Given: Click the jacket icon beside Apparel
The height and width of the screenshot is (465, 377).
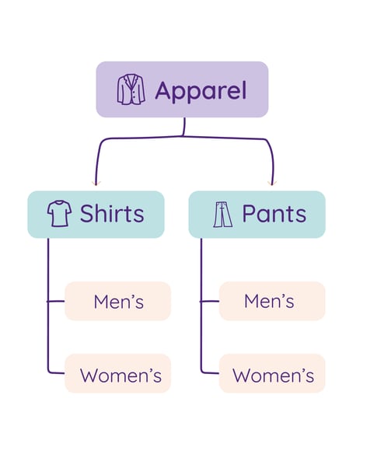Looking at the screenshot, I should point(131,89).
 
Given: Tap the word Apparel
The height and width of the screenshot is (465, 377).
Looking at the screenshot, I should point(200,90).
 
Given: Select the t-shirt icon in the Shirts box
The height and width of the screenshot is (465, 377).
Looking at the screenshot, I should point(59,214).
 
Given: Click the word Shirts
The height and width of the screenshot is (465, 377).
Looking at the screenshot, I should point(112,214).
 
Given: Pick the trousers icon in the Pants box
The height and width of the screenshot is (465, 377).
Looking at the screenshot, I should point(222,214).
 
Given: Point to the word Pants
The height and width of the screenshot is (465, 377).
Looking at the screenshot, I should point(274,214).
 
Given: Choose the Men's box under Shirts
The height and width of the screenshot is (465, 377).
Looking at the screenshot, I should point(117,301).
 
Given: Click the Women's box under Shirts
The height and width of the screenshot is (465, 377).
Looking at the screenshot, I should point(117,374).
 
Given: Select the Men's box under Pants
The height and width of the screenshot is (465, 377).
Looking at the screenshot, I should point(271,301).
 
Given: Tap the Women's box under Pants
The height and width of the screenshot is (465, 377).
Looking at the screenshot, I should point(271,374).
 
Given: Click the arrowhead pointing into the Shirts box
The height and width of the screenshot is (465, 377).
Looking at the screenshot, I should point(96,184).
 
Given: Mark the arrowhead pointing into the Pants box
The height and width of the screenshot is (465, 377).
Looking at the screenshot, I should point(272,184).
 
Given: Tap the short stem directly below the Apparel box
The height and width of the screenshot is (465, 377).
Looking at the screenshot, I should point(184,126).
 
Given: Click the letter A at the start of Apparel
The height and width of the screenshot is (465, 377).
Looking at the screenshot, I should point(162,90).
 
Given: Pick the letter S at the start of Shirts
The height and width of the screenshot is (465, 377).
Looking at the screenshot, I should point(87,214).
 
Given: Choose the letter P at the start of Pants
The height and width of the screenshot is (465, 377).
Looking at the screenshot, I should point(249,214).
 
